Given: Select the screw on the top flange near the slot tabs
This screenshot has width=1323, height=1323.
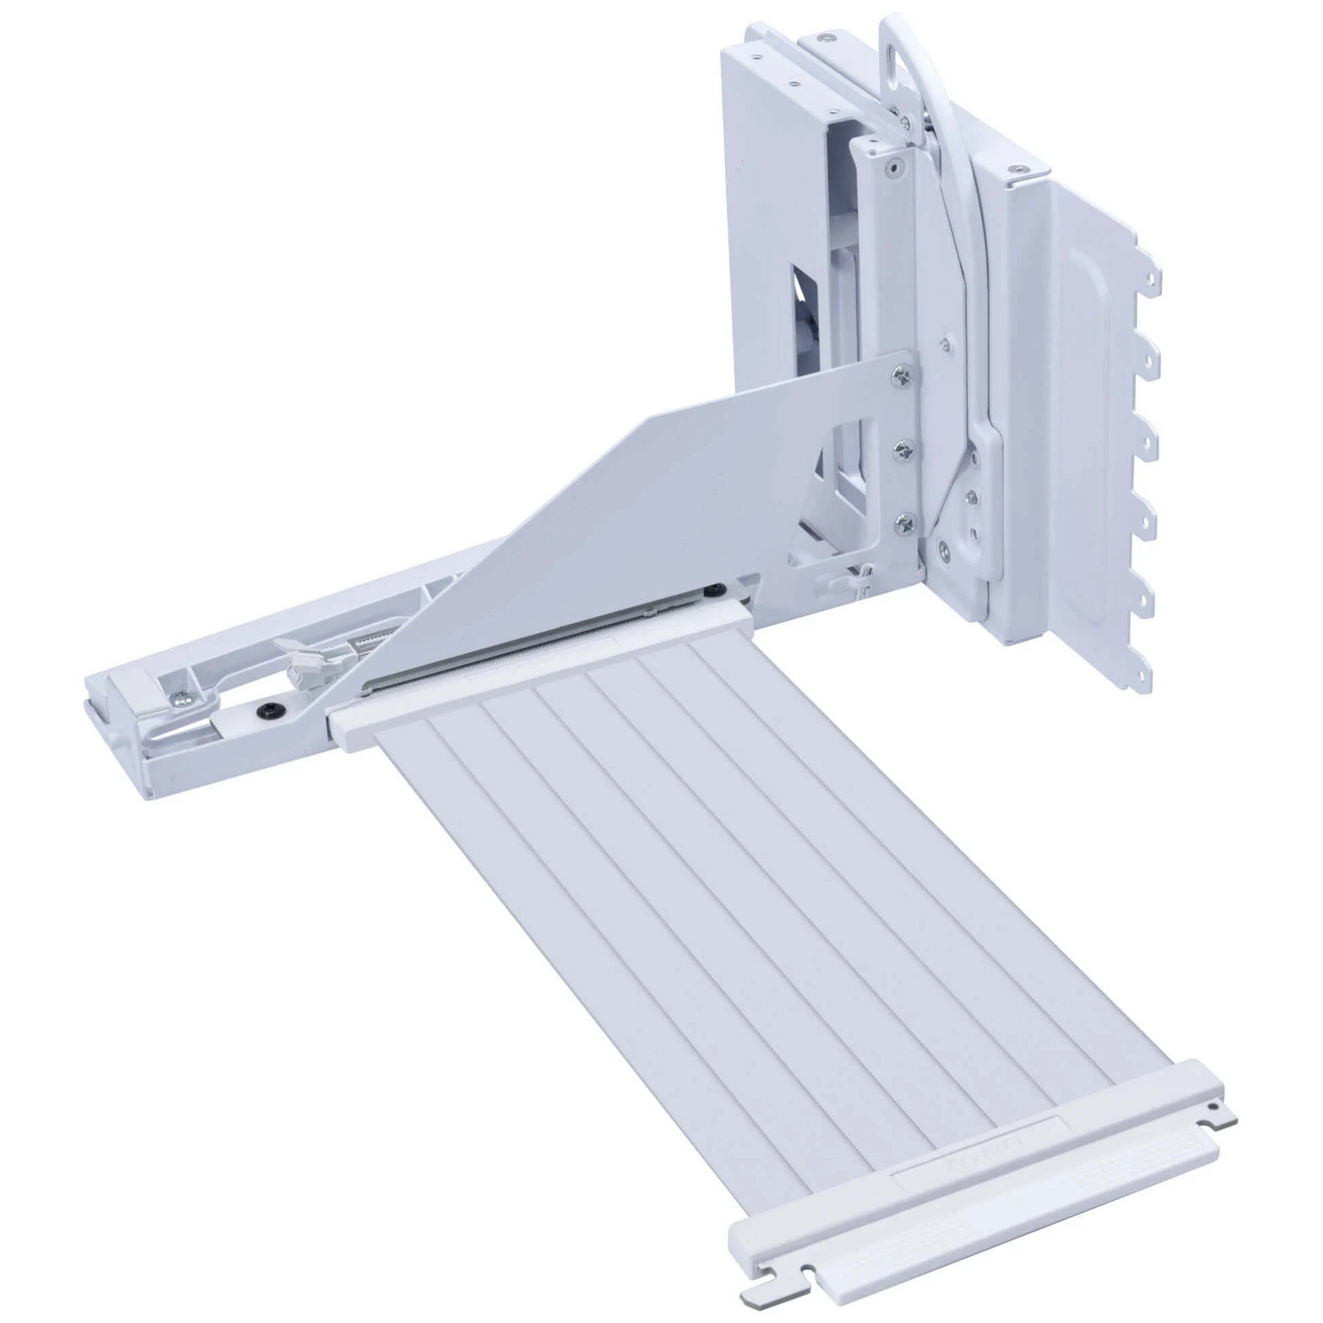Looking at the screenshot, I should click(x=1021, y=168).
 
